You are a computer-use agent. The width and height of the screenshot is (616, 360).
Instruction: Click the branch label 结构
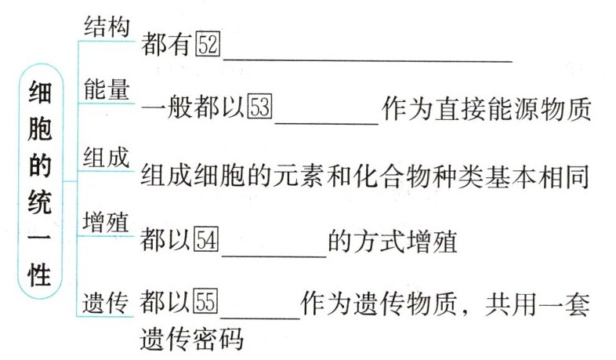106,27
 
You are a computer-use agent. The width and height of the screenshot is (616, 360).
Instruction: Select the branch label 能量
106,89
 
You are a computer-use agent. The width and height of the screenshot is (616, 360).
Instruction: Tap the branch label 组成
106,157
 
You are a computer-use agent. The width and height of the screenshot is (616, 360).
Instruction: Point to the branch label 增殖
106,220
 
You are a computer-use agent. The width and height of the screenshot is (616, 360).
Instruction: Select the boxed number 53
259,109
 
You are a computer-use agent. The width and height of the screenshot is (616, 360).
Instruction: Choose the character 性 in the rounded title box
40,276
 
